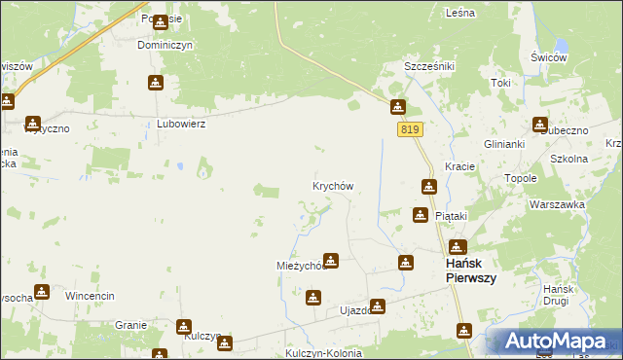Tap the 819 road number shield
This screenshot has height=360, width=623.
[x=410, y=129]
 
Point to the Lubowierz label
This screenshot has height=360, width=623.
[x=181, y=125]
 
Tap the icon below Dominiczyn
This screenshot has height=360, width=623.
[x=155, y=84]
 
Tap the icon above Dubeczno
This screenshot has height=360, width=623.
[x=540, y=124]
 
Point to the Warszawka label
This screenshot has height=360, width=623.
[x=557, y=205]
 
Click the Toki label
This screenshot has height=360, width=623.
[x=500, y=83]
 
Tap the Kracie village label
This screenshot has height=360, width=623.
[x=459, y=166]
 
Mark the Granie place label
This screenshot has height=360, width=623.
[x=130, y=325]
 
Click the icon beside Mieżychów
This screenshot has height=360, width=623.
[x=331, y=260]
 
